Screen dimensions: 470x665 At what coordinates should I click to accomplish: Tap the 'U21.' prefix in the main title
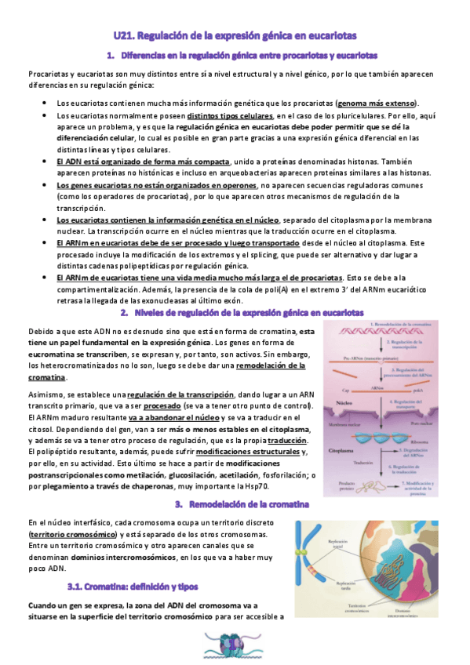pyautogui.click(x=123, y=35)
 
